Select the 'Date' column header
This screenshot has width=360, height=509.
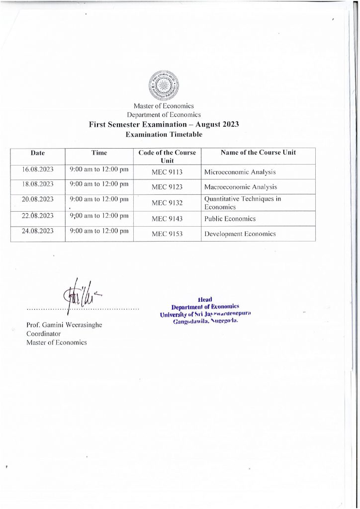pos(38,153)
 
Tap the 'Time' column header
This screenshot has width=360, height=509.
pos(99,153)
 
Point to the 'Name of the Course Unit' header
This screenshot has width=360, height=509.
pos(258,153)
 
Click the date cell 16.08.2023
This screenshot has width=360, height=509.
pos(38,170)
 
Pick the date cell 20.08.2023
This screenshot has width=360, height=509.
pos(38,199)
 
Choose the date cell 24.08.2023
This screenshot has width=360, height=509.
pos(38,231)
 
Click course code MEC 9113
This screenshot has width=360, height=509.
pos(168,172)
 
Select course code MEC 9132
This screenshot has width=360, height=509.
pos(168,203)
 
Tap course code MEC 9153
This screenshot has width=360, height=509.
pos(168,234)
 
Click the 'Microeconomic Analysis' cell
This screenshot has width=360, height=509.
pos(240,172)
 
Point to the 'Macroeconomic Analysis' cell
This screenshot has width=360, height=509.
pos(241,187)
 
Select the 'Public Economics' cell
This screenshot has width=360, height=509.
pos(230,219)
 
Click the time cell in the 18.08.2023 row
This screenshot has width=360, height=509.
pos(99,184)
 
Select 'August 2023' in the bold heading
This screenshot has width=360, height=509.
pos(217,124)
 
